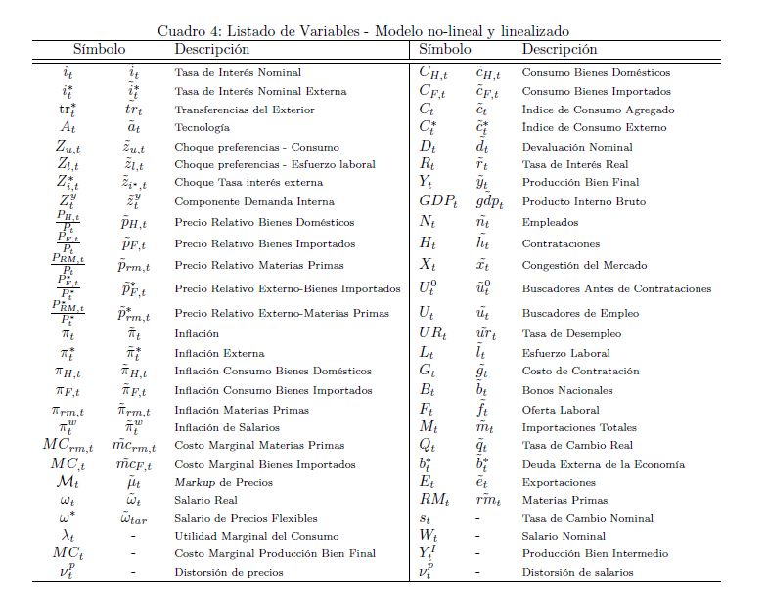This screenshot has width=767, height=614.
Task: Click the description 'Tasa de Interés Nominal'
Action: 238,72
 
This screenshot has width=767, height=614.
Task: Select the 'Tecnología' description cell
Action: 203,127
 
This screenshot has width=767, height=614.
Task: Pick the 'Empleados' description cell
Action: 549,222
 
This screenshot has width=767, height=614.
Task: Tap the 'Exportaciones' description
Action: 559,482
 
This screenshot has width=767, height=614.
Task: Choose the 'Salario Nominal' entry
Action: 564,536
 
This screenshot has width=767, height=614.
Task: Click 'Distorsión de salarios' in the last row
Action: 577,572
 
